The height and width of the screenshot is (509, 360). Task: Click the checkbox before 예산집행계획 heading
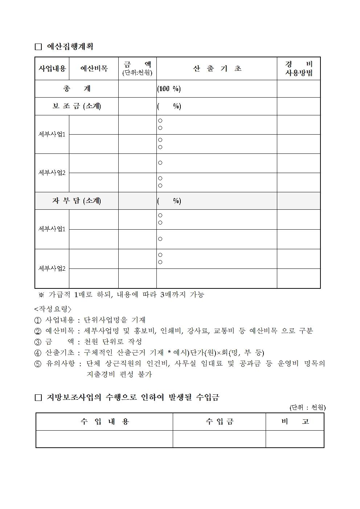pyautogui.click(x=38, y=47)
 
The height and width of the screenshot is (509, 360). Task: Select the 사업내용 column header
pyautogui.click(x=52, y=68)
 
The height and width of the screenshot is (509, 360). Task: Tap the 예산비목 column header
pyautogui.click(x=94, y=68)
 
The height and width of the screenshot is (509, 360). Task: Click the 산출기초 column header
pyautogui.click(x=217, y=69)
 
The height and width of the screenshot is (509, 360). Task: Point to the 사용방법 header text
pyautogui.click(x=299, y=73)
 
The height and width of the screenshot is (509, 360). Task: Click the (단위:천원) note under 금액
pyautogui.click(x=137, y=73)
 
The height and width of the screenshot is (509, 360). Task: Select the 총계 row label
pyautogui.click(x=77, y=89)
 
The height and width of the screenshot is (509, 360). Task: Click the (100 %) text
pyautogui.click(x=169, y=89)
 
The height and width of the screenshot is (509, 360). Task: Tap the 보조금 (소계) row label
pyautogui.click(x=77, y=106)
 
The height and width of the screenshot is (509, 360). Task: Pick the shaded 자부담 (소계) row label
pyautogui.click(x=77, y=201)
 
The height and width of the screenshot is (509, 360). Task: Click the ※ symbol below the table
pyautogui.click(x=41, y=295)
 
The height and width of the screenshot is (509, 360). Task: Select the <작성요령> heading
pyautogui.click(x=53, y=309)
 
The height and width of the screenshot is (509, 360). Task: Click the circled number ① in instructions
pyautogui.click(x=38, y=320)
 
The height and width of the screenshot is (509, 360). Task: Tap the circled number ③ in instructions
pyautogui.click(x=38, y=342)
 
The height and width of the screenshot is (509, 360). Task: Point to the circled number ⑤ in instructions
pyautogui.click(x=38, y=364)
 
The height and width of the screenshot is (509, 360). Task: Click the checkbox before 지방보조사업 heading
pyautogui.click(x=38, y=398)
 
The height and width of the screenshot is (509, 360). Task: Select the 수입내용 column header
pyautogui.click(x=105, y=422)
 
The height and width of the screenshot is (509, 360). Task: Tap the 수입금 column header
pyautogui.click(x=219, y=422)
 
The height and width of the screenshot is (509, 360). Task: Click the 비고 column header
pyautogui.click(x=295, y=422)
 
